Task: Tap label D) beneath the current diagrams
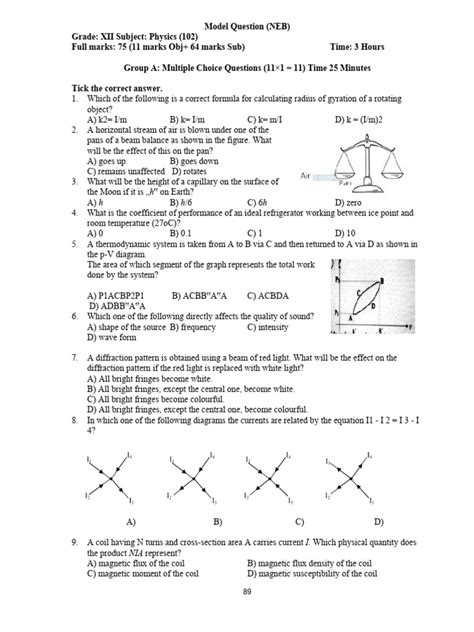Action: (379, 523)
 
